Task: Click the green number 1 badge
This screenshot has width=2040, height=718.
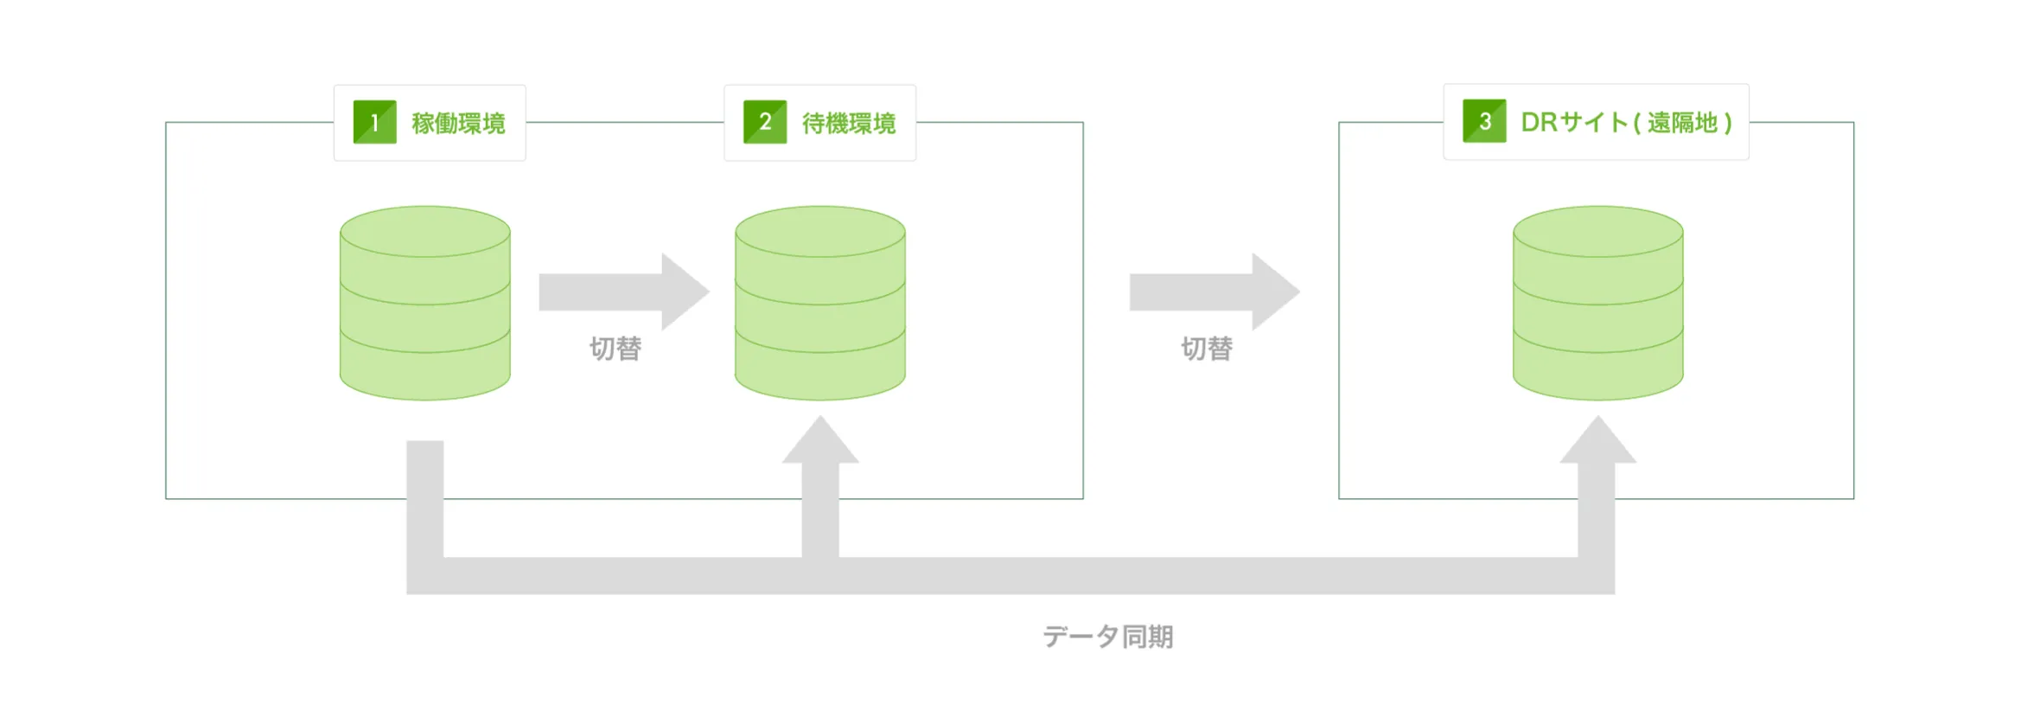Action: (x=374, y=122)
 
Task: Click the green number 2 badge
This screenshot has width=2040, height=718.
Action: (x=765, y=122)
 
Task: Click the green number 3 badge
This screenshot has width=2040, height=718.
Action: (x=1484, y=121)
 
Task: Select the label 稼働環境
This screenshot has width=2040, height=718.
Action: (x=458, y=123)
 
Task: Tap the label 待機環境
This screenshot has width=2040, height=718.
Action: (x=849, y=123)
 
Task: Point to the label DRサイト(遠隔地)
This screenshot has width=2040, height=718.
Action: (x=1627, y=122)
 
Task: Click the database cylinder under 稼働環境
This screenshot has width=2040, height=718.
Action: (x=425, y=303)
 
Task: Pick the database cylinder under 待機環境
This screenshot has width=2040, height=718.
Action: (x=820, y=303)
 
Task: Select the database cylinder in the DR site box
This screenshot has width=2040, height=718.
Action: (x=1598, y=303)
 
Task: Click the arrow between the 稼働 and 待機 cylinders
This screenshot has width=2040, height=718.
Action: (x=624, y=292)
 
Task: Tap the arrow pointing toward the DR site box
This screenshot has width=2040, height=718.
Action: (x=1214, y=292)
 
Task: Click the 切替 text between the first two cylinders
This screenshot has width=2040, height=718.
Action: (x=615, y=349)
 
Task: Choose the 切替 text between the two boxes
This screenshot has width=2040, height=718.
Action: (x=1207, y=349)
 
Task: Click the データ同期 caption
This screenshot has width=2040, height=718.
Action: (x=1108, y=637)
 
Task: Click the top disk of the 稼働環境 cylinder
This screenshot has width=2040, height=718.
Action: (x=425, y=231)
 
